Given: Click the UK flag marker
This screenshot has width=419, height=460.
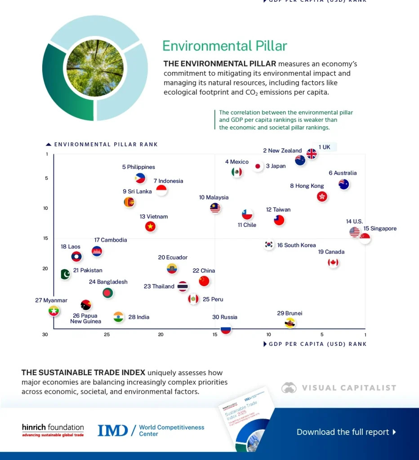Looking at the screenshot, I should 312,154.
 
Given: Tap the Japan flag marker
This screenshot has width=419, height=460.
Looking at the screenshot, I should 258,166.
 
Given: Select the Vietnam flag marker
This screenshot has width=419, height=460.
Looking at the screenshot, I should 150,226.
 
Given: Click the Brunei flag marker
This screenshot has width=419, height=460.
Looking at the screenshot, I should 290,323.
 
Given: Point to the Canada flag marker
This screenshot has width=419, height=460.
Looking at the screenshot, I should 333,263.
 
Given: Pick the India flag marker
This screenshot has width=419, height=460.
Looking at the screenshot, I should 118,317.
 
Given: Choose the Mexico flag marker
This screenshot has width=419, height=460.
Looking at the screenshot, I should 236,172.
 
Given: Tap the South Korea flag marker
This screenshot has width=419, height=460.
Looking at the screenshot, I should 269,245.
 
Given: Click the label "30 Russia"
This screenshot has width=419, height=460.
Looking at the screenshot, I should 225,317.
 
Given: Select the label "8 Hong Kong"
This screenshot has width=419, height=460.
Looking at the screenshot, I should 307,186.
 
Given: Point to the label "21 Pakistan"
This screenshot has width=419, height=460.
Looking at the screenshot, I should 88,270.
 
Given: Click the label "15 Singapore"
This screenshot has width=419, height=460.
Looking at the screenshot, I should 380,229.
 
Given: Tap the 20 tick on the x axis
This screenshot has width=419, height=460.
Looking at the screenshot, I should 161,335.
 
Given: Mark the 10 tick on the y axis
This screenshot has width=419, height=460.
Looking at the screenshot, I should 46,208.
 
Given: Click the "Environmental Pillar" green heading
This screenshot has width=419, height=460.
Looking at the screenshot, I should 224,46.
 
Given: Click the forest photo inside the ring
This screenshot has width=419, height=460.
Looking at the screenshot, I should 95,68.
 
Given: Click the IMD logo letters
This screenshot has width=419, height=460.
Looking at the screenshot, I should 113,430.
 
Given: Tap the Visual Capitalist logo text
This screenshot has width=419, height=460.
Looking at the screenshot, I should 349,388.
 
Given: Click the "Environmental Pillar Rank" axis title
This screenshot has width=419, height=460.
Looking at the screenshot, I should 106,145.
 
